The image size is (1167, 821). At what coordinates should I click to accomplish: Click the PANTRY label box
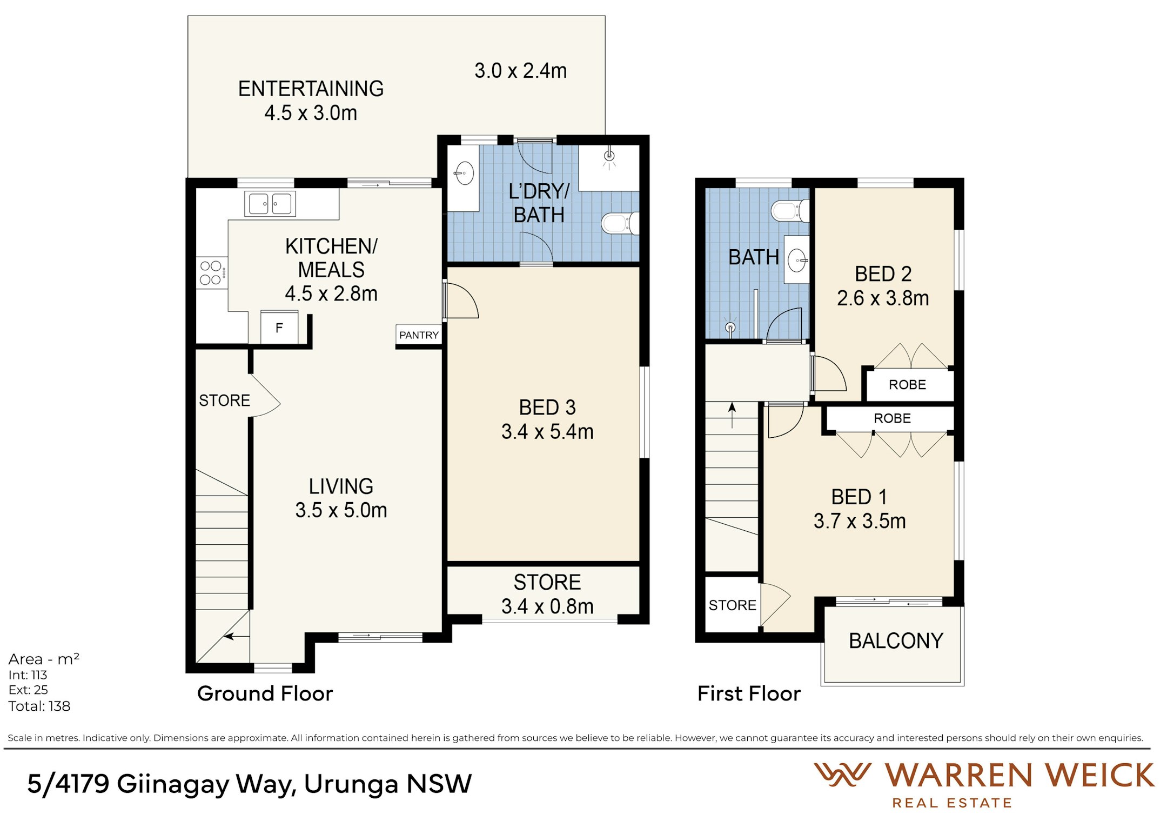pos(419,335)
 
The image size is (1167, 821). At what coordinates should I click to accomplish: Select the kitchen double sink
pos(270,204)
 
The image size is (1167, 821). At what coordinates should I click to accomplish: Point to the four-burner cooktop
pos(211,273)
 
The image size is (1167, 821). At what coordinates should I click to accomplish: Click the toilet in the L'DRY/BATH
pos(620,223)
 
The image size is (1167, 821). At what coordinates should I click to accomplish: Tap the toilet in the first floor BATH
pos(790,211)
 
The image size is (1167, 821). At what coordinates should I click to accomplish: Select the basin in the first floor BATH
pos(797,260)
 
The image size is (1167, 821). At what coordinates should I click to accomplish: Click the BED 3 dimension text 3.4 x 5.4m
pos(547,432)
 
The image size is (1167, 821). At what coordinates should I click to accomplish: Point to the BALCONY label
pos(896,641)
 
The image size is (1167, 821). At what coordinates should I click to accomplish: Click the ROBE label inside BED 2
pos(907,385)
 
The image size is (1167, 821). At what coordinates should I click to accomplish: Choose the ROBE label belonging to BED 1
pos(892,418)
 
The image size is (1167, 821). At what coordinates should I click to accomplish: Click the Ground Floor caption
pos(265,693)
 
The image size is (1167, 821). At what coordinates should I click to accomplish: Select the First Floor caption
pos(749,693)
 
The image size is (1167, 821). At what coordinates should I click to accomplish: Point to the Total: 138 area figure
pos(39,706)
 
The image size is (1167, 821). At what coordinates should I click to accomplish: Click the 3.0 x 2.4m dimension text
pos(520,71)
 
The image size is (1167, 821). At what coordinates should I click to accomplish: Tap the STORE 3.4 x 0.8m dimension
pos(547,606)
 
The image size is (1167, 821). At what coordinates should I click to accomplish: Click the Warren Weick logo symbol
pos(842,775)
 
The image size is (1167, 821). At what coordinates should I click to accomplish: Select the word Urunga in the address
pos(351,785)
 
